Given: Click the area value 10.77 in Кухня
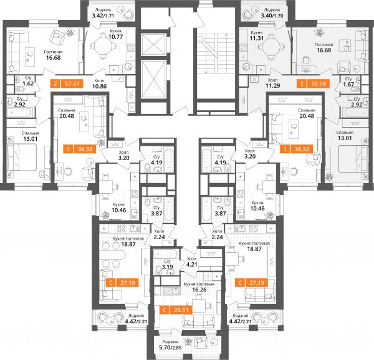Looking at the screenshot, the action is click(115, 37).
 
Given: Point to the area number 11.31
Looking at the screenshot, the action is click(257, 38).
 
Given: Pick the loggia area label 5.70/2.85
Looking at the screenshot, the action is click(170, 348).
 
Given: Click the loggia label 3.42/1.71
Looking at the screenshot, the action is click(103, 16).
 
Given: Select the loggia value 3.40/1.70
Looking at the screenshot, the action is click(272, 16).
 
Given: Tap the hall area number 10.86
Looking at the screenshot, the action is click(100, 86).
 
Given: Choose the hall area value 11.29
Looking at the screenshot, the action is click(273, 86).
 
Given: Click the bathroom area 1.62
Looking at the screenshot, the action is click(28, 83).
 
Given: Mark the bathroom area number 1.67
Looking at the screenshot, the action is click(348, 84).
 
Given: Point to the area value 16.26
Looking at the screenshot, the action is click(199, 290).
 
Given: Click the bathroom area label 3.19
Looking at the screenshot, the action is click(167, 267).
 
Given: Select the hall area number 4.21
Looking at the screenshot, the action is click(192, 264).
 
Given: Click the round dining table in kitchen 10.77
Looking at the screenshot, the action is click(103, 45).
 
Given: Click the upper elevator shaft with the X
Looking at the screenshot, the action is click(153, 45).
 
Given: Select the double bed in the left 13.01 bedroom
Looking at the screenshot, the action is click(22, 158).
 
